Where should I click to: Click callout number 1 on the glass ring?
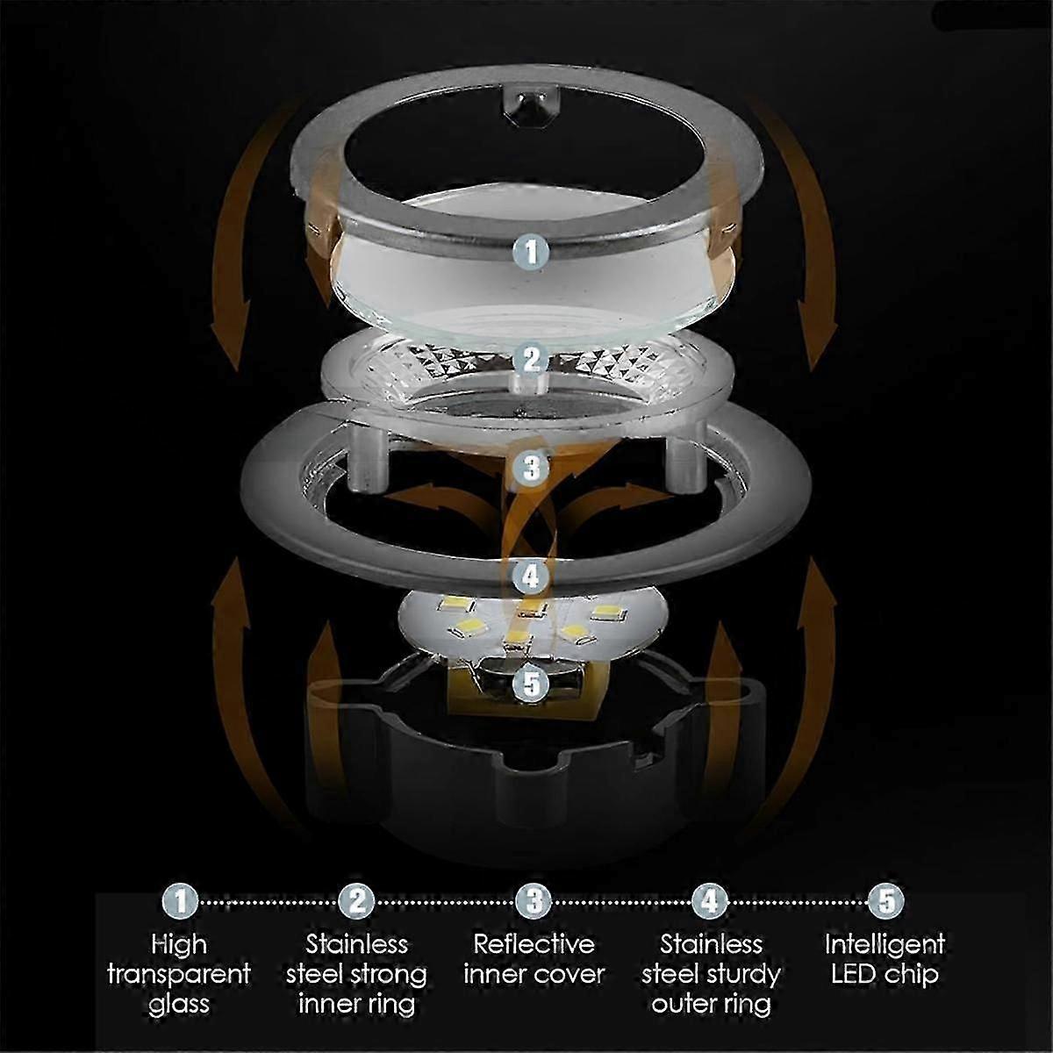(530, 252)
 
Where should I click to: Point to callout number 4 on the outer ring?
(530, 577)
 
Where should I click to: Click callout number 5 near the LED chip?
(531, 684)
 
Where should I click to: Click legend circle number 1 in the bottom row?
(180, 900)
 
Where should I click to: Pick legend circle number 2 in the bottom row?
(356, 900)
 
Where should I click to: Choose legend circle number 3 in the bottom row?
(534, 900)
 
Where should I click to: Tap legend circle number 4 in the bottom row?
(710, 900)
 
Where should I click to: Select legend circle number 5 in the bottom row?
(885, 900)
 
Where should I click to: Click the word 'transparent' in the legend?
(179, 974)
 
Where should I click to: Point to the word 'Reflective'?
(534, 944)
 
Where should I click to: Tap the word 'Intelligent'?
(885, 944)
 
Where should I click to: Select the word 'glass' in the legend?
(179, 1003)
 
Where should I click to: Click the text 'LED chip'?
(885, 974)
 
